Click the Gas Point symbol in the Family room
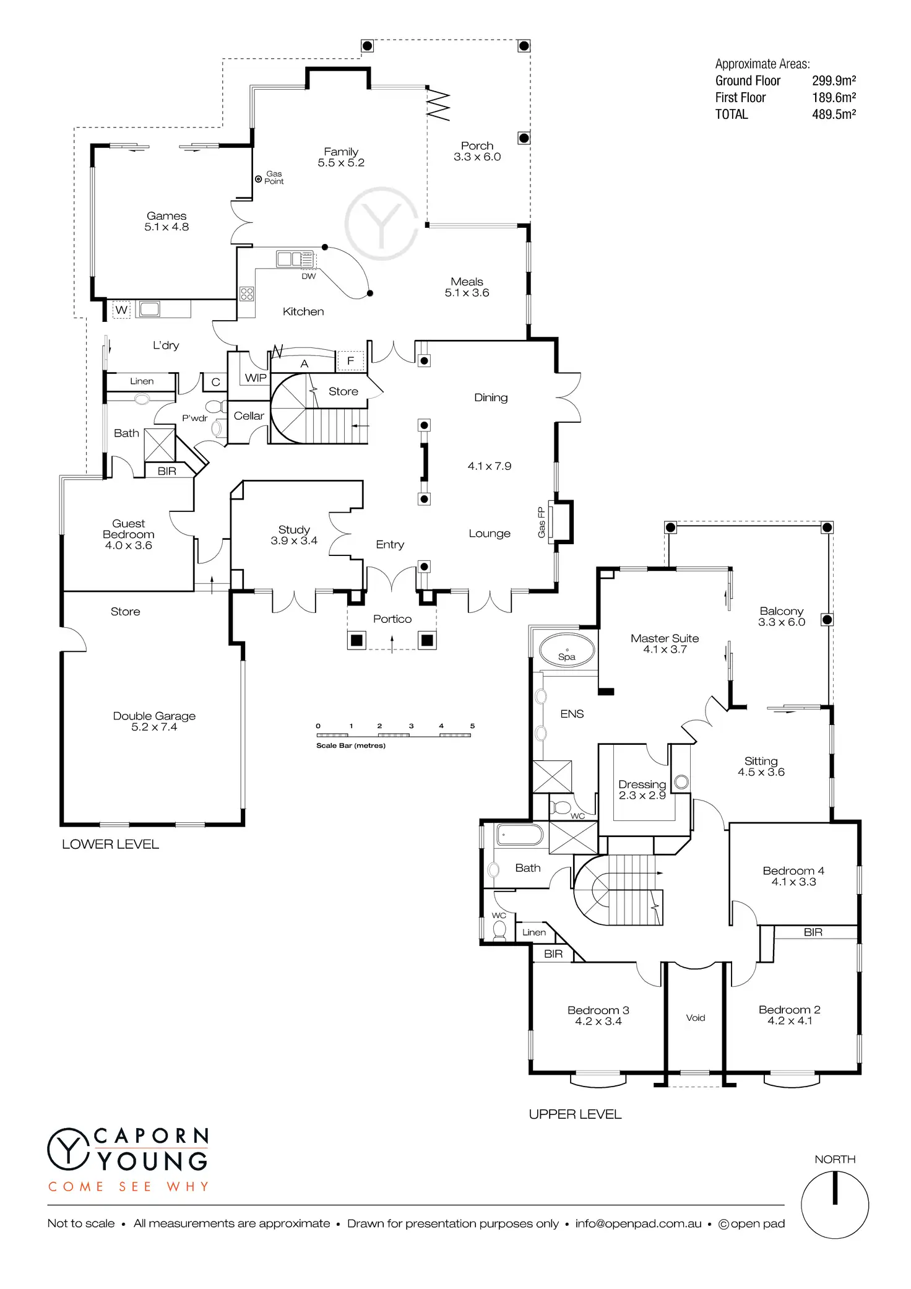coord(259,179)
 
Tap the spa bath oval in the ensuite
coord(567,651)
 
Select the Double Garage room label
coord(154,721)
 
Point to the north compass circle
coord(835,1205)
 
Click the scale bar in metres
coord(394,735)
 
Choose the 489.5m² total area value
coord(834,115)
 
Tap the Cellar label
coord(249,416)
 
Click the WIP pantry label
coord(256,378)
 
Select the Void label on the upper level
coord(696,1018)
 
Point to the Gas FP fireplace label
coord(542,522)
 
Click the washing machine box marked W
coord(121,310)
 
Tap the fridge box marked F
coord(350,360)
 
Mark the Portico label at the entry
coord(392,619)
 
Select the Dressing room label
coord(642,789)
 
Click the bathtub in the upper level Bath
coord(520,835)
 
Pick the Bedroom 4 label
coord(793,876)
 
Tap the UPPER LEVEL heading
coord(575,1114)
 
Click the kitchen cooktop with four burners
coord(247,293)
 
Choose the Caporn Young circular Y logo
coord(68,1149)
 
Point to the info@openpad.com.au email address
coord(638,1224)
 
